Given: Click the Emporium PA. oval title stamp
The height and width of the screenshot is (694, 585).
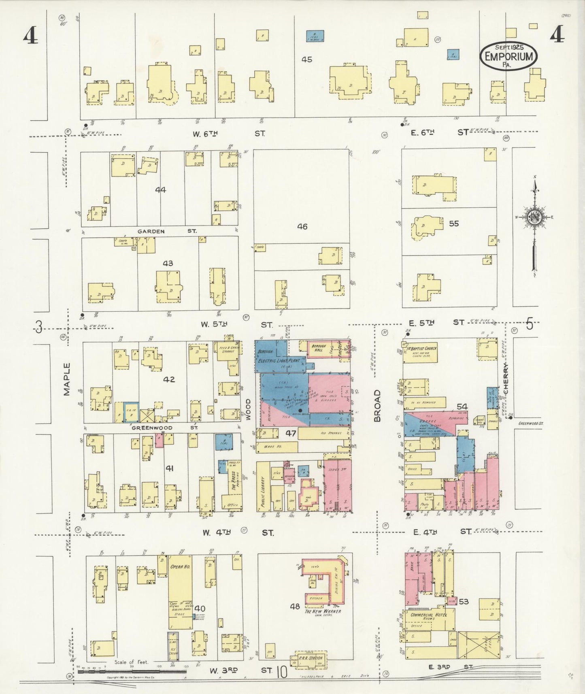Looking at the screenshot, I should coord(508,56).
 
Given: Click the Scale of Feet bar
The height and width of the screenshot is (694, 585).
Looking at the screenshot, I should coord(132,671).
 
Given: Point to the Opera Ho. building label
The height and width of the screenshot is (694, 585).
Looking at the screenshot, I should coord(180,566).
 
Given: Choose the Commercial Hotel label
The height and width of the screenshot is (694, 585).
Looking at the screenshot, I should coord(428,615).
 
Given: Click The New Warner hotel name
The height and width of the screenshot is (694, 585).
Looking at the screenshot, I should coord(323,611).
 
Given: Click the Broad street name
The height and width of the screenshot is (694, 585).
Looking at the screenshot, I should coord(377,406).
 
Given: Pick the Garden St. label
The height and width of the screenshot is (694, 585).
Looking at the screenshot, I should coord(167,231).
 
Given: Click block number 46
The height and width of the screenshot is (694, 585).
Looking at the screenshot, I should coord(302,227).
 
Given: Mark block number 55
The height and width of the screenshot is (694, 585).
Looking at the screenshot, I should coord(454,224).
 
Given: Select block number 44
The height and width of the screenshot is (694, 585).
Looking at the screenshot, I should coord(160,189).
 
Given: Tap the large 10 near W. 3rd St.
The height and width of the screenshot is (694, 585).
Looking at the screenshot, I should coord(281,672).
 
